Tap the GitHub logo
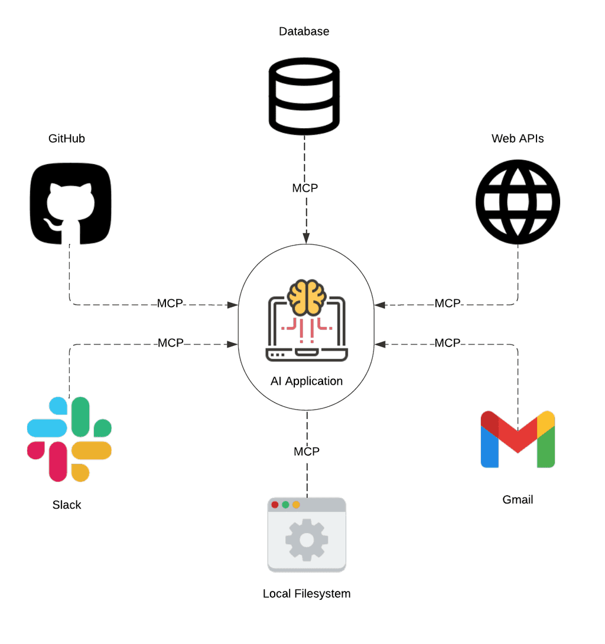pos(70,203)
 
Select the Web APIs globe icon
pos(518,201)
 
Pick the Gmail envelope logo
pos(518,439)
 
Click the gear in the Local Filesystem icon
pos(307,539)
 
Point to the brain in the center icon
pos(307,297)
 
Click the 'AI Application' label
pos(307,381)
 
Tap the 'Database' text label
pos(304,31)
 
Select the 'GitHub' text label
pos(67,139)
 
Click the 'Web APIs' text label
pos(518,139)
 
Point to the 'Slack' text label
pos(67,505)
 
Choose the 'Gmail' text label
pos(518,500)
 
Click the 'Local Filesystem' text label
pos(307,594)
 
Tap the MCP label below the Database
pos(305,188)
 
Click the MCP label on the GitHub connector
pos(170,304)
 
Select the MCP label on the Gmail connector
pos(447,343)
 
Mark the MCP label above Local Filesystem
pos(307,452)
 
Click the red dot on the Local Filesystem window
pos(275,505)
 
